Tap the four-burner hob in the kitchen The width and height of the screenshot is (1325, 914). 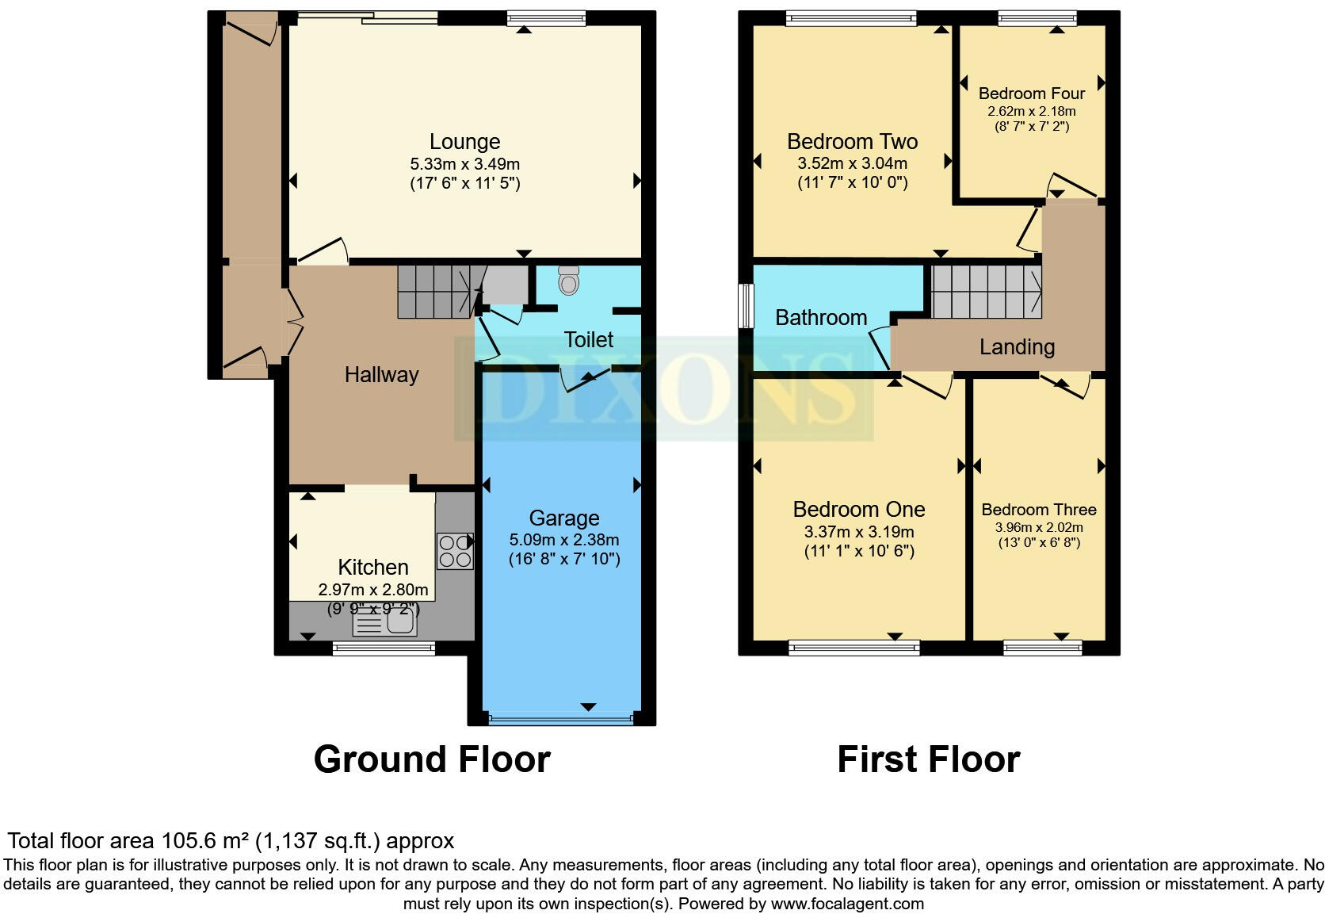tap(454, 551)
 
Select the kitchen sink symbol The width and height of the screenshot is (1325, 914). tap(385, 625)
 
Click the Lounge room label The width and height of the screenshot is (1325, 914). tap(464, 142)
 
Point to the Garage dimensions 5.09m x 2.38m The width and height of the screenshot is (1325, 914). tap(563, 540)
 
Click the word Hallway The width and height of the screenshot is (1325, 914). tap(381, 375)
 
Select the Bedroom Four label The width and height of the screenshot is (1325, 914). tap(1031, 94)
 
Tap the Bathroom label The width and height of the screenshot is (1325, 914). tap(820, 318)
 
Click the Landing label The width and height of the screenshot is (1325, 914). tap(1017, 347)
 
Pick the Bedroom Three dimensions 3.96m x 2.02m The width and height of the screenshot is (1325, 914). tap(1038, 527)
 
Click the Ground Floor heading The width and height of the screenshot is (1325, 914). tap(432, 759)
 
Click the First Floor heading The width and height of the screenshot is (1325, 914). tap(928, 759)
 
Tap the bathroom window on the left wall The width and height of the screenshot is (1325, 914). tap(745, 305)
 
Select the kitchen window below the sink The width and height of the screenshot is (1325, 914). tap(384, 648)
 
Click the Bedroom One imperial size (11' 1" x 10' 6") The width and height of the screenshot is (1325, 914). tap(859, 551)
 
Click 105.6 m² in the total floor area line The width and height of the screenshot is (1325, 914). tap(205, 840)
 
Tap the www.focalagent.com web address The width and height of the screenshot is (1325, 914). tap(846, 904)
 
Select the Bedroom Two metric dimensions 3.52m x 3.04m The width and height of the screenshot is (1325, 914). tap(852, 163)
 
